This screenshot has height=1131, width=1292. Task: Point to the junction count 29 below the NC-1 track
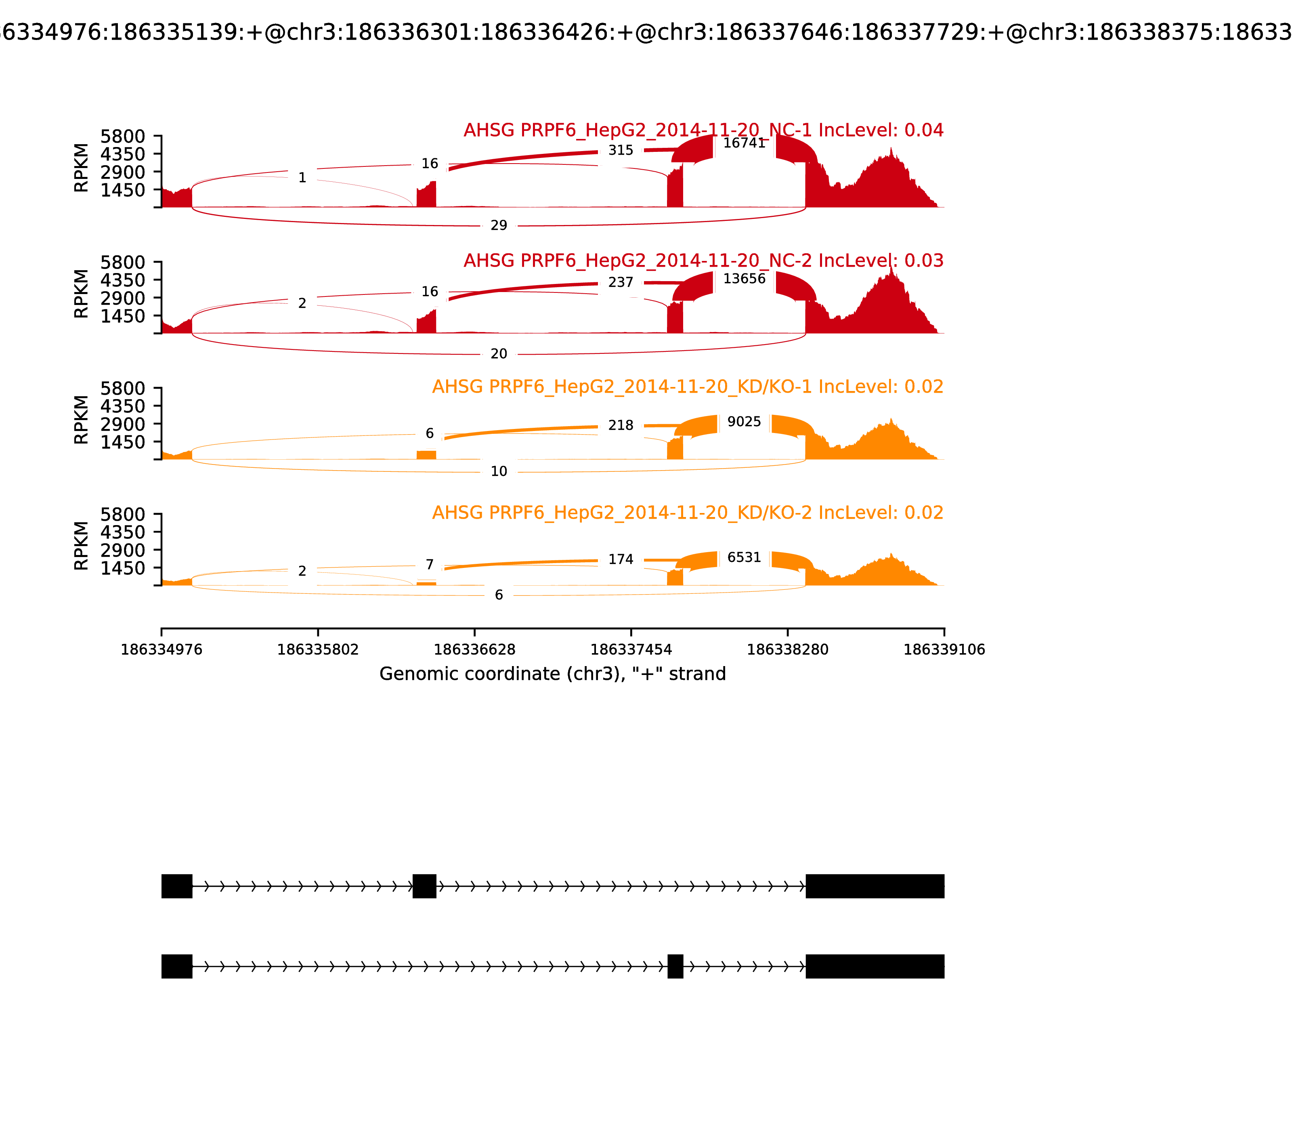tap(498, 225)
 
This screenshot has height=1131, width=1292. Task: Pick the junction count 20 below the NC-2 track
tap(498, 354)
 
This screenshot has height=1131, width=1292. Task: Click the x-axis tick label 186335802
tap(318, 650)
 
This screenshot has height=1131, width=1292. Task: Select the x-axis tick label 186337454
tap(631, 650)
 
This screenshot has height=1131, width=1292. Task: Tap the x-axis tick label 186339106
tap(944, 650)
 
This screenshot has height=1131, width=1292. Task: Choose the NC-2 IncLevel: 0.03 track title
tap(703, 261)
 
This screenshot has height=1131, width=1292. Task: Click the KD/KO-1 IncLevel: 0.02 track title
tap(688, 387)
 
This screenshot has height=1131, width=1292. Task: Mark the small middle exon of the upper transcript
tap(425, 886)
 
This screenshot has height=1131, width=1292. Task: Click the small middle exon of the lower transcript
tap(675, 966)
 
